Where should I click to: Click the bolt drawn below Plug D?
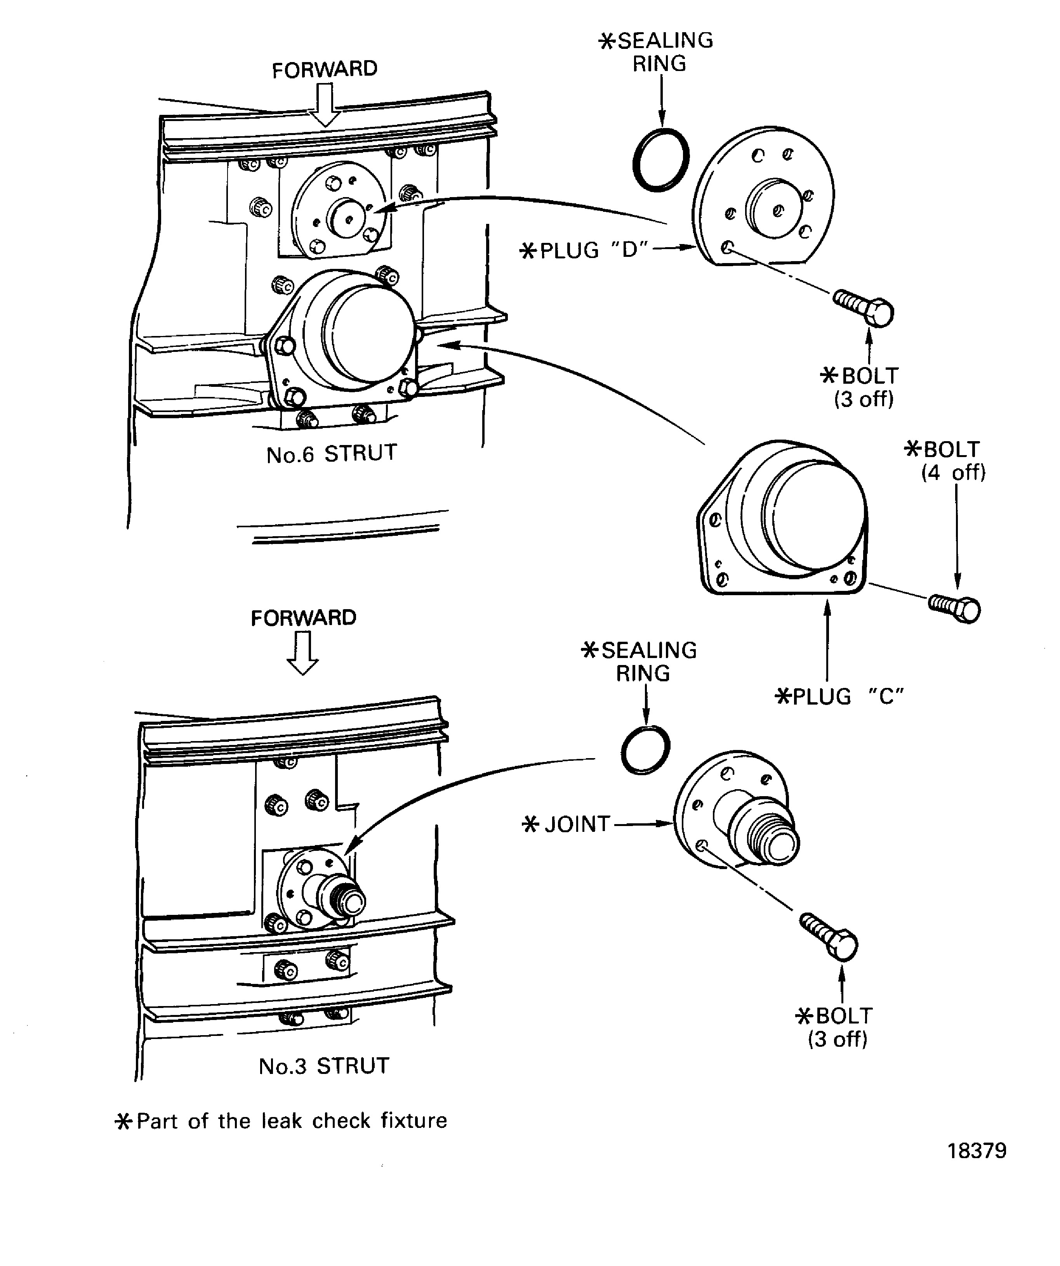click(x=864, y=307)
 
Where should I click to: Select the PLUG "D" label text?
click(x=584, y=249)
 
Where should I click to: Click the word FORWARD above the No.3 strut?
click(x=304, y=618)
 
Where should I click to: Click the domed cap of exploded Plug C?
click(x=813, y=516)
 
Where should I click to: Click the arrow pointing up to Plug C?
click(x=827, y=639)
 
